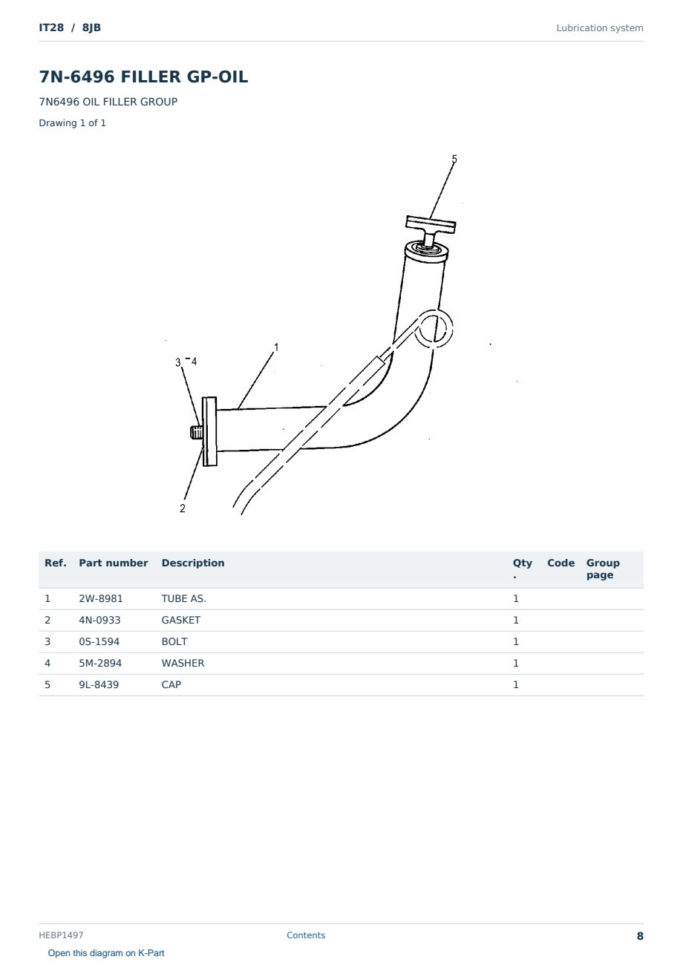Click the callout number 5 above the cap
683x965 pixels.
454,159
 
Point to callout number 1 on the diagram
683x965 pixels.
276,347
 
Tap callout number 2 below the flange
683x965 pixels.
183,508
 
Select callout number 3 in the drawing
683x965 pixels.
178,362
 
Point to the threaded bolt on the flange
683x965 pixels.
196,432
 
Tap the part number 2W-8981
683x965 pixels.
101,598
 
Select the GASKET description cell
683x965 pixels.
181,620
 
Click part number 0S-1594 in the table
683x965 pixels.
99,641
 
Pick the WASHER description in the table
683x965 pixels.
183,663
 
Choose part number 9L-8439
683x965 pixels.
99,684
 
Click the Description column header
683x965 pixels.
193,563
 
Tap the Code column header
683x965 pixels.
561,563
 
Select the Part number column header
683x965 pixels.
114,563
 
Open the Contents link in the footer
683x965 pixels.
306,935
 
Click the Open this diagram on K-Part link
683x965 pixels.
106,953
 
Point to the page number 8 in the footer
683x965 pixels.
640,936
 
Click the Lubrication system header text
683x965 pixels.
600,28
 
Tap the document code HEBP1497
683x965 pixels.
61,935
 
